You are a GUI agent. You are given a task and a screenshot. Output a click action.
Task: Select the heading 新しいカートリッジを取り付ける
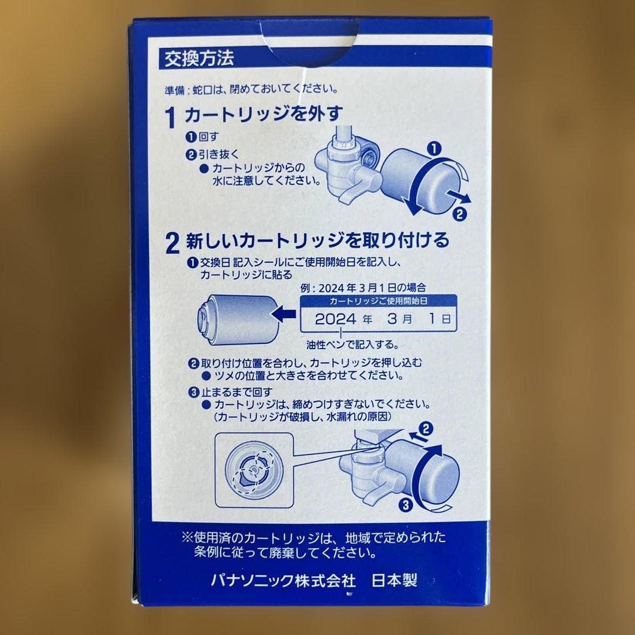coord(318,240)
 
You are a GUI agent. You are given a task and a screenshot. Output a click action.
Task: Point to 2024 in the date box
coord(336,320)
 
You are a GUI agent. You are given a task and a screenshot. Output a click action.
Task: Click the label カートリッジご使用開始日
coord(380,300)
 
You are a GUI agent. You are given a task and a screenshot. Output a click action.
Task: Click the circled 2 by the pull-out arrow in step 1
coord(461,214)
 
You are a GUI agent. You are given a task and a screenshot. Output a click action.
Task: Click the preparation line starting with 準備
coord(251,90)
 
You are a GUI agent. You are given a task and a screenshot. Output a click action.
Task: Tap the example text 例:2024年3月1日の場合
coord(363,288)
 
